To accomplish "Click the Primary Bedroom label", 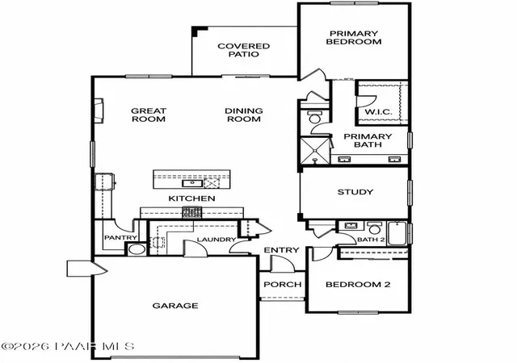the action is coord(354,38).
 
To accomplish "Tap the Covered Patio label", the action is coord(244,50).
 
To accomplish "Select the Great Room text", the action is coord(149,115).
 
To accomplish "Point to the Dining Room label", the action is coord(244,115).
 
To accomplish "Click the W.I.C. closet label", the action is coord(379,111).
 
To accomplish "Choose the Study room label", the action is coord(355,192).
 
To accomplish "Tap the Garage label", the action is coord(175,306).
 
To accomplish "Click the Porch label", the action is coord(283,284).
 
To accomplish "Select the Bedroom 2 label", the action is coord(358,284).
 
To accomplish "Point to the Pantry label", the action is coord(120,237).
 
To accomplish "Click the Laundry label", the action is coord(216,240).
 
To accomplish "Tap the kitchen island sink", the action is coord(191,183).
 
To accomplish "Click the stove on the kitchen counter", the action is coord(192,212).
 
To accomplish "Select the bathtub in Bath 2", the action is coord(397,233).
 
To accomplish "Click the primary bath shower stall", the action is coord(315,150).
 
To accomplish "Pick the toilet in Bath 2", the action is coord(374,227).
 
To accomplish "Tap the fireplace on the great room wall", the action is coord(99,111).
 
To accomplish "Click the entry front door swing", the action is coord(282,263).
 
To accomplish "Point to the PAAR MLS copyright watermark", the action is coord(68,347).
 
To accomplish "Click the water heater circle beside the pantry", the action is coord(137,249).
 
